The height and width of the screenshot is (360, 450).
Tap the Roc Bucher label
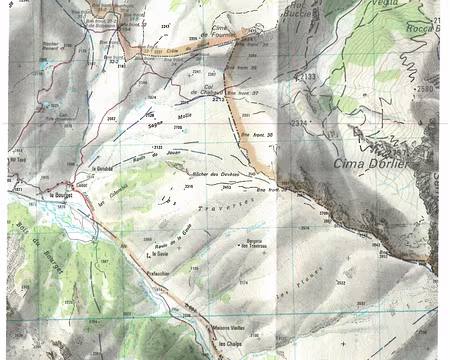click(295, 13)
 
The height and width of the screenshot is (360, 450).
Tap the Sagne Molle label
click(168, 119)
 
